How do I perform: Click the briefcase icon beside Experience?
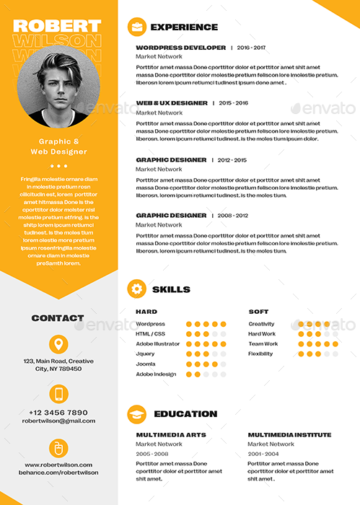(136, 27)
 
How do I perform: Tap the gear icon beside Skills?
(136, 289)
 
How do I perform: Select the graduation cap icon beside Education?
(136, 413)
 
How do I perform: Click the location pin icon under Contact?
(59, 344)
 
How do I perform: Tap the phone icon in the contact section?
(59, 394)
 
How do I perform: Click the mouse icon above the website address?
(59, 448)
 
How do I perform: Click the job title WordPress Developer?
(181, 48)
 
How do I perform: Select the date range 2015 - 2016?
(233, 103)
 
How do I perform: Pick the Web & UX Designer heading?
(172, 103)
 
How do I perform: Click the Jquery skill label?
(145, 354)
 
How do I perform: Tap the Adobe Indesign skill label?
(156, 374)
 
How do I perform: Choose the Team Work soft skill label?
(263, 344)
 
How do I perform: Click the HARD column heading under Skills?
(146, 312)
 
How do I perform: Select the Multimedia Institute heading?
(289, 435)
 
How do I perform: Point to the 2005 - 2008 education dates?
(152, 454)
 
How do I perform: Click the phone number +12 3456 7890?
(59, 413)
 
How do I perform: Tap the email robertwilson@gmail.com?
(59, 421)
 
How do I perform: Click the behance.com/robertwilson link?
(59, 473)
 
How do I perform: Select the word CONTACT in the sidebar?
(58, 318)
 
